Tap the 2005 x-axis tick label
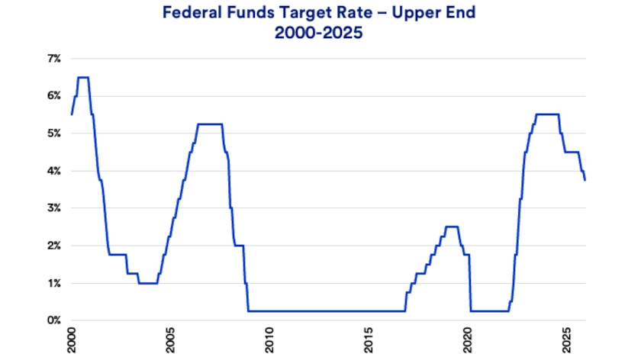[170, 340]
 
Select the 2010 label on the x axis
[269, 340]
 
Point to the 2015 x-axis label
[369, 340]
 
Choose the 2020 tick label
[468, 340]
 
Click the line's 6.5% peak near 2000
[83, 77]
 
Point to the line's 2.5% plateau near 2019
[451, 227]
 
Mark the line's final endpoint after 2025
[585, 180]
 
